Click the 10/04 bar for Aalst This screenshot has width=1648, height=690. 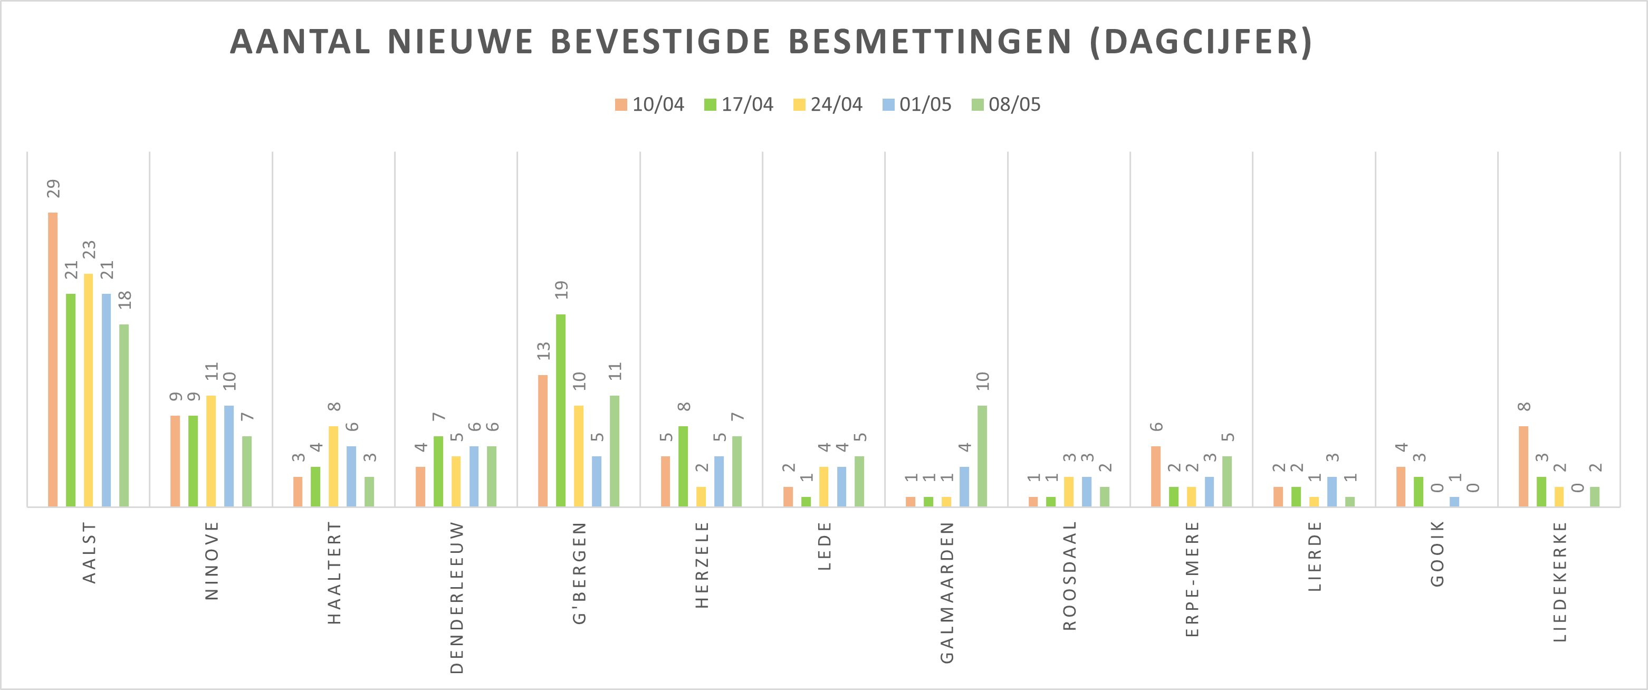click(x=52, y=359)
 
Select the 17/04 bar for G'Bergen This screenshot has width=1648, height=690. click(x=560, y=410)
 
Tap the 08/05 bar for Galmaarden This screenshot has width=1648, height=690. click(x=982, y=456)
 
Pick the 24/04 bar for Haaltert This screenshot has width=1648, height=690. click(x=333, y=466)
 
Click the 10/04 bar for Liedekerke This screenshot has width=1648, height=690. click(x=1524, y=466)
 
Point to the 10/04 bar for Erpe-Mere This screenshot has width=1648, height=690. click(x=1155, y=476)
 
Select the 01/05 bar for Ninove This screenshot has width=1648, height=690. click(x=228, y=456)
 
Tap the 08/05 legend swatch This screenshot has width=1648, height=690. click(x=978, y=105)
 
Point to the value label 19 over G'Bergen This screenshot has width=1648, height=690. click(x=562, y=290)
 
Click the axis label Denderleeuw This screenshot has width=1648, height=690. click(x=457, y=597)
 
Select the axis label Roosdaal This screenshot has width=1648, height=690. click(x=1070, y=576)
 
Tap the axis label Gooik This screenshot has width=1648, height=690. click(x=1437, y=554)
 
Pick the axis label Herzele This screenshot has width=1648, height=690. click(x=702, y=564)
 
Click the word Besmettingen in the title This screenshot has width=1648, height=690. click(x=930, y=42)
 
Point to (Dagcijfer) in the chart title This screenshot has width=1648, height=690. click(x=1201, y=42)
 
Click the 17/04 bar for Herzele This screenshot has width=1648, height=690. click(x=683, y=466)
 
